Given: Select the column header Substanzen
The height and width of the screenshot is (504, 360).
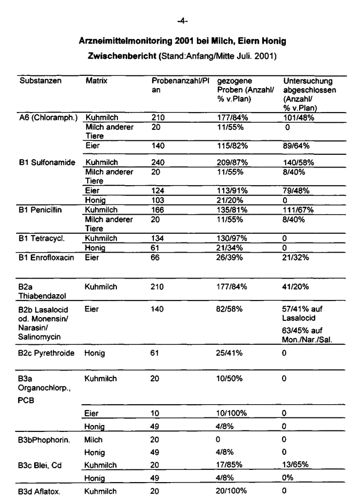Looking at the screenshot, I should [x=41, y=81].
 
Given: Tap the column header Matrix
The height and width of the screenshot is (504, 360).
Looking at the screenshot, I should [x=97, y=81].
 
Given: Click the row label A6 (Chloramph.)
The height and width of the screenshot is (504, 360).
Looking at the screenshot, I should [x=48, y=117].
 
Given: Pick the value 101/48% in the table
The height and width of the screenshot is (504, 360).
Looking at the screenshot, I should [x=301, y=117].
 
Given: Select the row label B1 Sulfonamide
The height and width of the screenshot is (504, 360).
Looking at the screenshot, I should [x=49, y=162].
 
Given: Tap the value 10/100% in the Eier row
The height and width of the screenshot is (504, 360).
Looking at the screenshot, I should [x=232, y=413].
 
